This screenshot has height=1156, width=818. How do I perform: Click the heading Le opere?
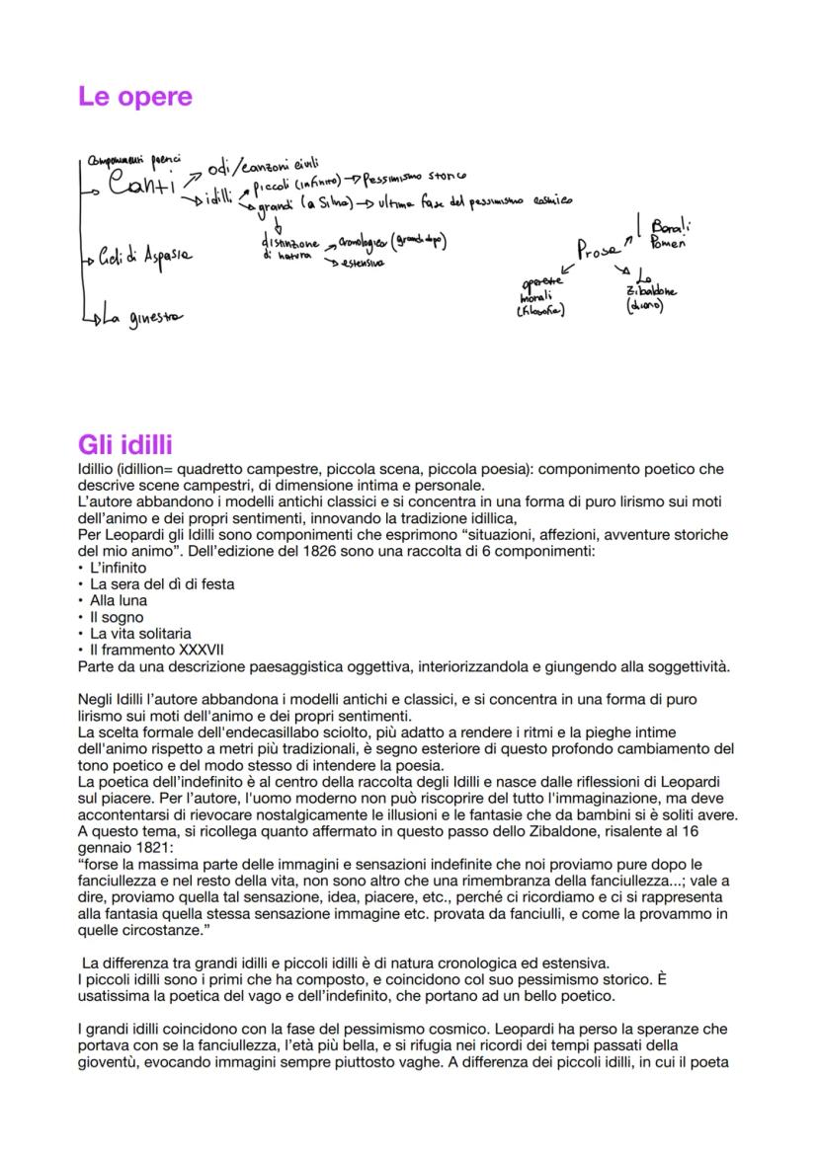[x=134, y=97]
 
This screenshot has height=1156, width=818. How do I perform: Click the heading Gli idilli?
[x=125, y=445]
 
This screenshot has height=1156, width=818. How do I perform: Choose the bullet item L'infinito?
[x=118, y=568]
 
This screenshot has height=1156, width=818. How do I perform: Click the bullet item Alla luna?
[x=118, y=600]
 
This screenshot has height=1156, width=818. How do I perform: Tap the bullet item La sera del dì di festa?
[x=162, y=583]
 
